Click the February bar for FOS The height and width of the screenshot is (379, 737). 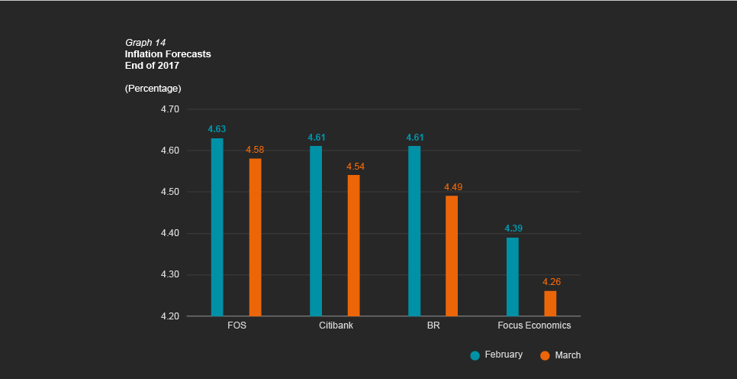pyautogui.click(x=217, y=227)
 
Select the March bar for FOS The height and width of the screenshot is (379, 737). pyautogui.click(x=255, y=237)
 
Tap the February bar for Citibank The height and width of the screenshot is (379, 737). pyautogui.click(x=316, y=231)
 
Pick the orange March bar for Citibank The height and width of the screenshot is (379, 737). pyautogui.click(x=353, y=245)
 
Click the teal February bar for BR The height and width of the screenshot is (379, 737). pyautogui.click(x=414, y=231)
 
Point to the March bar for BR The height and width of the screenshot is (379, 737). pyautogui.click(x=452, y=256)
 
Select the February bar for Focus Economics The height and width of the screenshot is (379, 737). pyautogui.click(x=513, y=277)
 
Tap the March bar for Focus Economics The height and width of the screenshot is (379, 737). pyautogui.click(x=550, y=303)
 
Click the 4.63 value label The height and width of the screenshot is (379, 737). pyautogui.click(x=217, y=129)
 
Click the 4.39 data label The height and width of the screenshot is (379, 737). pyautogui.click(x=513, y=228)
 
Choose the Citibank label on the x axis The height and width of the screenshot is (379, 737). pyautogui.click(x=336, y=326)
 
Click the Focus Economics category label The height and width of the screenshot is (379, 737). pyautogui.click(x=534, y=326)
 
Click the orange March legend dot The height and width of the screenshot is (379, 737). pyautogui.click(x=545, y=355)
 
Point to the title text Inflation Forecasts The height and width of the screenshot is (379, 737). pyautogui.click(x=168, y=54)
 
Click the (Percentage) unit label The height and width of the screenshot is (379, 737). pyautogui.click(x=153, y=89)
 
